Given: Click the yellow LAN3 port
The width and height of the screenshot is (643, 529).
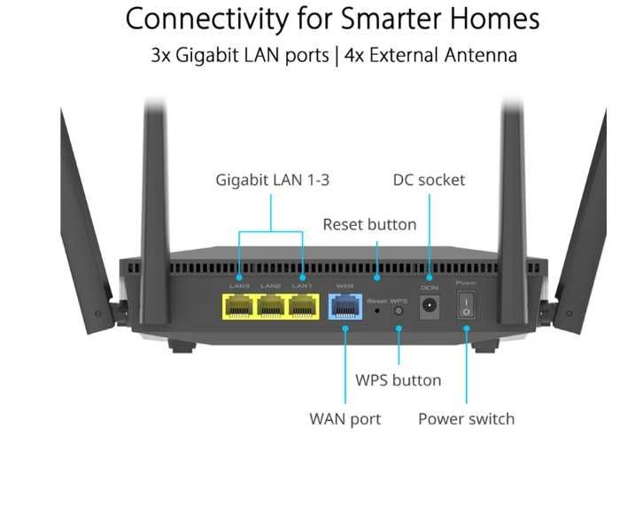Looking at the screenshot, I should point(238,307).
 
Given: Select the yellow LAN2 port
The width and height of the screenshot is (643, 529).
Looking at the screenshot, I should point(270,307).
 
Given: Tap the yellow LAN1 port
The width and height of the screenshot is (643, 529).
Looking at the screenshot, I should point(302,307).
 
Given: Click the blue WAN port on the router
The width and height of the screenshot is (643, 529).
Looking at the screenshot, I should point(344,307).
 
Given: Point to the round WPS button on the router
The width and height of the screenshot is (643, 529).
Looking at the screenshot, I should point(399,308).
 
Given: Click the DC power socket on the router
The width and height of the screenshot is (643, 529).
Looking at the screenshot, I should point(430,307).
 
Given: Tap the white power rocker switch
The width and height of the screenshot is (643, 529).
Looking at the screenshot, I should point(465,307).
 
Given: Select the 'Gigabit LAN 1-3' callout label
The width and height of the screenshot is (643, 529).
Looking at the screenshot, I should point(272,180).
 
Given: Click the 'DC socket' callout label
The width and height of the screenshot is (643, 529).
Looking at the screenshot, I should point(429,180).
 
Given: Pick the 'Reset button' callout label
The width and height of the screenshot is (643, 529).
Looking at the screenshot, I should point(368,224).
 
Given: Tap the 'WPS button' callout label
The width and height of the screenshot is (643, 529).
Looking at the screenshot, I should point(398,380).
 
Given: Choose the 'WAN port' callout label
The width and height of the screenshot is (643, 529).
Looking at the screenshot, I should point(345,418).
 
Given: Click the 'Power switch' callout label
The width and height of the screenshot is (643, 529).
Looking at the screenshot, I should point(466,418).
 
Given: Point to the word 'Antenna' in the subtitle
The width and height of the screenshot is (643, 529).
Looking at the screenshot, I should point(474,55).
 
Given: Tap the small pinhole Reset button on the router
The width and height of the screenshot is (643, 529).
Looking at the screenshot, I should point(379,309).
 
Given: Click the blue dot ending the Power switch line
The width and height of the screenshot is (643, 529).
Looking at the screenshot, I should point(466,329).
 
